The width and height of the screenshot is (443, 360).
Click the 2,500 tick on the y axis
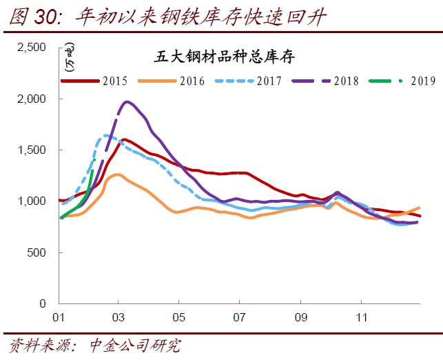[x=32, y=47]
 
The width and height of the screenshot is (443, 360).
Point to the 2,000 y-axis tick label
[x=32, y=99]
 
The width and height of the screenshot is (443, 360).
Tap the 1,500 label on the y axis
[x=32, y=150]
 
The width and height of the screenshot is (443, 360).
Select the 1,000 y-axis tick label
[x=32, y=201]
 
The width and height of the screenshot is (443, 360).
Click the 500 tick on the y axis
[x=37, y=252]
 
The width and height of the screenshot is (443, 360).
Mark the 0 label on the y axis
[x=43, y=303]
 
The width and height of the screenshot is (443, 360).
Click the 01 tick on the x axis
[x=58, y=319]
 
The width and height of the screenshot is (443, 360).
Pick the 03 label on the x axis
[x=119, y=319]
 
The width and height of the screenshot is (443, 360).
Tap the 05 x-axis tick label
[x=178, y=319]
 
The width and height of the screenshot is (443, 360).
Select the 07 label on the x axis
[x=239, y=319]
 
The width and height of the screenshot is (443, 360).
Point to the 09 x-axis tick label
[x=300, y=319]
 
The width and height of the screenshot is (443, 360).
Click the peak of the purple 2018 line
[x=127, y=102]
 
